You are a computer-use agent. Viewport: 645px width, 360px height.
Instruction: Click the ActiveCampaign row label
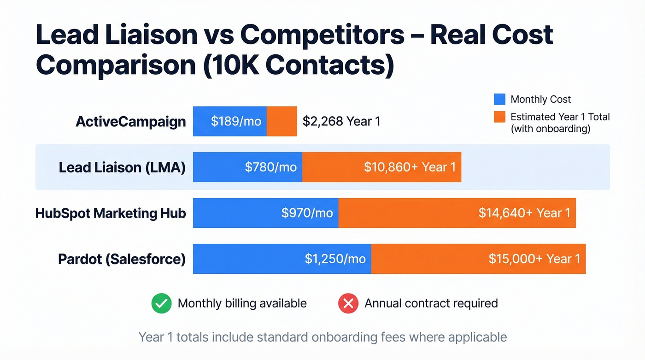coord(131,122)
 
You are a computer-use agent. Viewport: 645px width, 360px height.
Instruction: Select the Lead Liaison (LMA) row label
coord(122,167)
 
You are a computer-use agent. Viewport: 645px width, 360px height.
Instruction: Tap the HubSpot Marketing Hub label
coord(111,213)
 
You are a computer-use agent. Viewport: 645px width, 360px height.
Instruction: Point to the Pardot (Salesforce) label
coord(122,259)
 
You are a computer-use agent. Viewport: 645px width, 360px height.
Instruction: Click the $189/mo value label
coord(236,122)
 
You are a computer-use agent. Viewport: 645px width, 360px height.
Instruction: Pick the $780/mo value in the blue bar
coord(270,167)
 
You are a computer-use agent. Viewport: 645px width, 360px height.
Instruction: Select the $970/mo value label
coord(307,213)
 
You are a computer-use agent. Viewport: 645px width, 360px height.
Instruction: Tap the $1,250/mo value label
coord(335,259)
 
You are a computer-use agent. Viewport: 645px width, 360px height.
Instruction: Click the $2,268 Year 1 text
coord(341,122)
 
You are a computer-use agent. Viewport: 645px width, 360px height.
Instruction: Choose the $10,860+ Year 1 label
coord(410,167)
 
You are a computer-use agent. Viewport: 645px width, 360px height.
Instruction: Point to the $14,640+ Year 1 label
coord(524,213)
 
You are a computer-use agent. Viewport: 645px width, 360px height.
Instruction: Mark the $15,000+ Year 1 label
coord(534,259)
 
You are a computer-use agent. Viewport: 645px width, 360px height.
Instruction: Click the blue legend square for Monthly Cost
coord(499,99)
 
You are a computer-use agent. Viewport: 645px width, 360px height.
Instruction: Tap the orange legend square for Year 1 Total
coord(499,117)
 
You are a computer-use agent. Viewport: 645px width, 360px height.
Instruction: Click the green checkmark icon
coord(161,304)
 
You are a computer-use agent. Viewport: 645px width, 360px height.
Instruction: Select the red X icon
coord(348,304)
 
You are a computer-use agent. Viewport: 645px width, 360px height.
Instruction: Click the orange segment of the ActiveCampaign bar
coord(282,122)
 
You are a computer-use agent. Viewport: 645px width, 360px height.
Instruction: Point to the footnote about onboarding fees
coord(322,337)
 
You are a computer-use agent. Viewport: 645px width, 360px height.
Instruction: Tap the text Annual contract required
coord(431,303)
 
